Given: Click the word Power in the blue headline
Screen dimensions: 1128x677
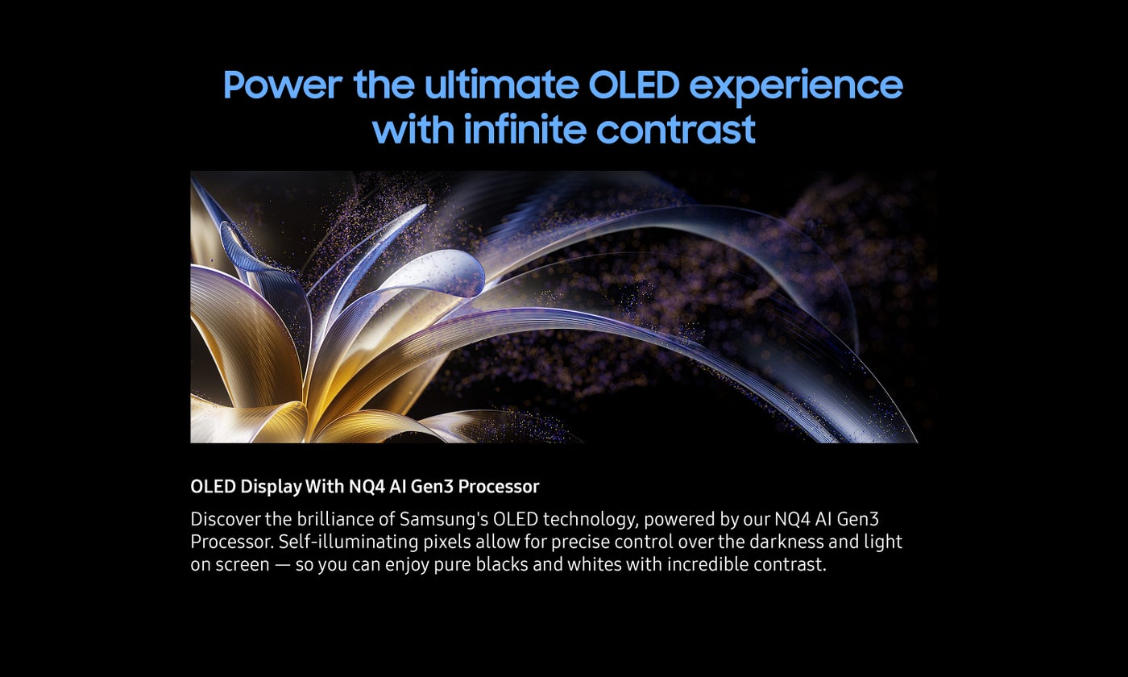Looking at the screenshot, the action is point(283,85).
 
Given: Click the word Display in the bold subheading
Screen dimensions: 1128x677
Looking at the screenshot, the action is point(272,487).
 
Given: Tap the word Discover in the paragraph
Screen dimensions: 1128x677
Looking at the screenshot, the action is point(226,519).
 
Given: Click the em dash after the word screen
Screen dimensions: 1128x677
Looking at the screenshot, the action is point(283,565).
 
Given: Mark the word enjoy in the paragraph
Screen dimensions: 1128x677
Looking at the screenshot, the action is point(407,566).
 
